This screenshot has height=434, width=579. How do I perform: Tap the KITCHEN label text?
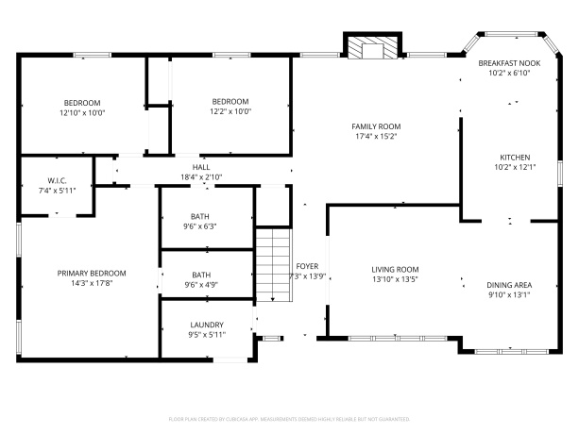[515, 158]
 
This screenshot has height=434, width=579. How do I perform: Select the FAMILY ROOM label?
[376, 126]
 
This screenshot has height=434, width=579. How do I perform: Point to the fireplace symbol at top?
[371, 48]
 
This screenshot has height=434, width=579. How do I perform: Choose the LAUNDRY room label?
[206, 324]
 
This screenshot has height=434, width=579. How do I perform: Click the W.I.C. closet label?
[55, 180]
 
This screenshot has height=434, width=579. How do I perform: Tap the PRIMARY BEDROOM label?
[92, 274]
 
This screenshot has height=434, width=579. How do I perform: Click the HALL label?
[201, 167]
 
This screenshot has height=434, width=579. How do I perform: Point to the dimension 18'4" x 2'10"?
[201, 176]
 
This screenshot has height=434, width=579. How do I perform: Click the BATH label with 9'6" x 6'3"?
[199, 216]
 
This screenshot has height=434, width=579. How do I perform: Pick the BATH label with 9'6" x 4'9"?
[199, 275]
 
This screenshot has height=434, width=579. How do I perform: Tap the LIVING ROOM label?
[394, 269]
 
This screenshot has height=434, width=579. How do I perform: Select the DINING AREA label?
[508, 284]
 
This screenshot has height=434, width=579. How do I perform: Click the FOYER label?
[307, 266]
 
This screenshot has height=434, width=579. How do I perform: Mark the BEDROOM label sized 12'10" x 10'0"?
[82, 102]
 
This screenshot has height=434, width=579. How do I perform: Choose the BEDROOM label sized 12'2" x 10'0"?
[230, 102]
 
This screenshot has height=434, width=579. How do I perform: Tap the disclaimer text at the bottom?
[289, 417]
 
